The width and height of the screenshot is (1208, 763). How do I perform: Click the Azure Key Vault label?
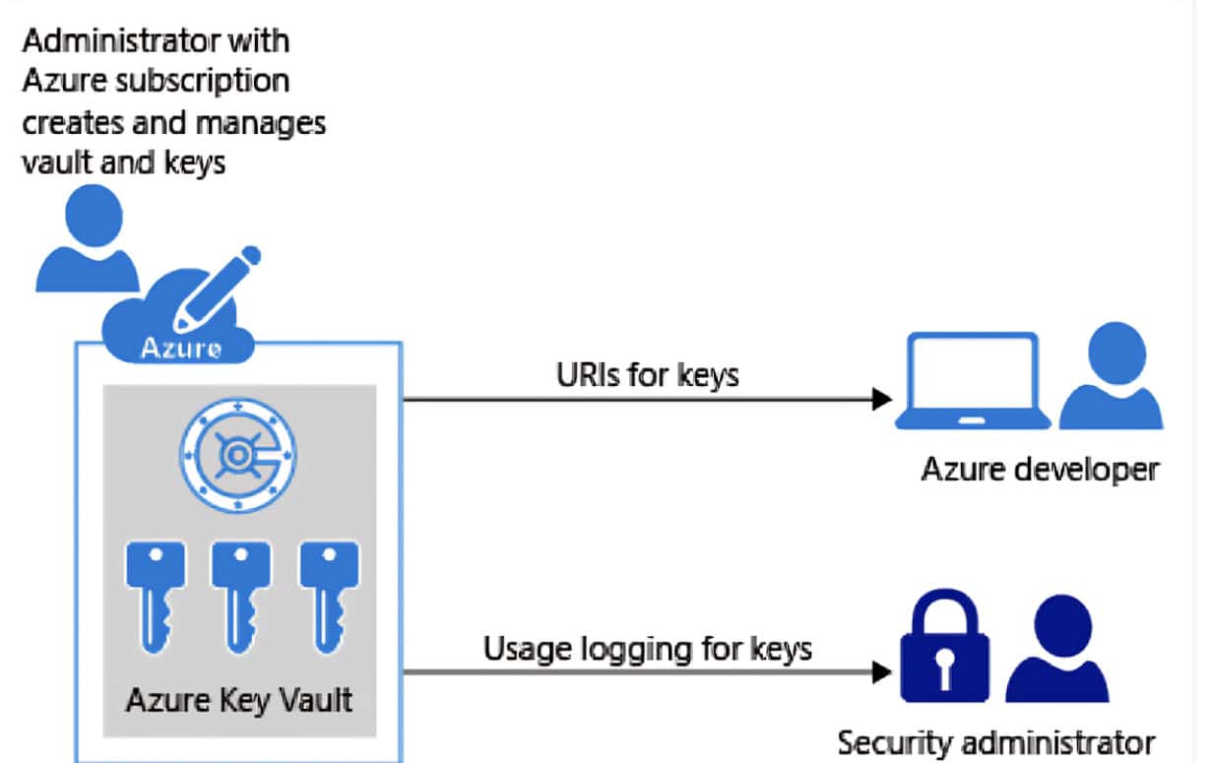239,700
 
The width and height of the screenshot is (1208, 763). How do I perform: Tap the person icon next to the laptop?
1109,378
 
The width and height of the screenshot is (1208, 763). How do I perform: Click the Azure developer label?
1039,470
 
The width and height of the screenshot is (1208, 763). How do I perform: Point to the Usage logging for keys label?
647,648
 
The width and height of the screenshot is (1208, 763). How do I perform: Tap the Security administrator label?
994,742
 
